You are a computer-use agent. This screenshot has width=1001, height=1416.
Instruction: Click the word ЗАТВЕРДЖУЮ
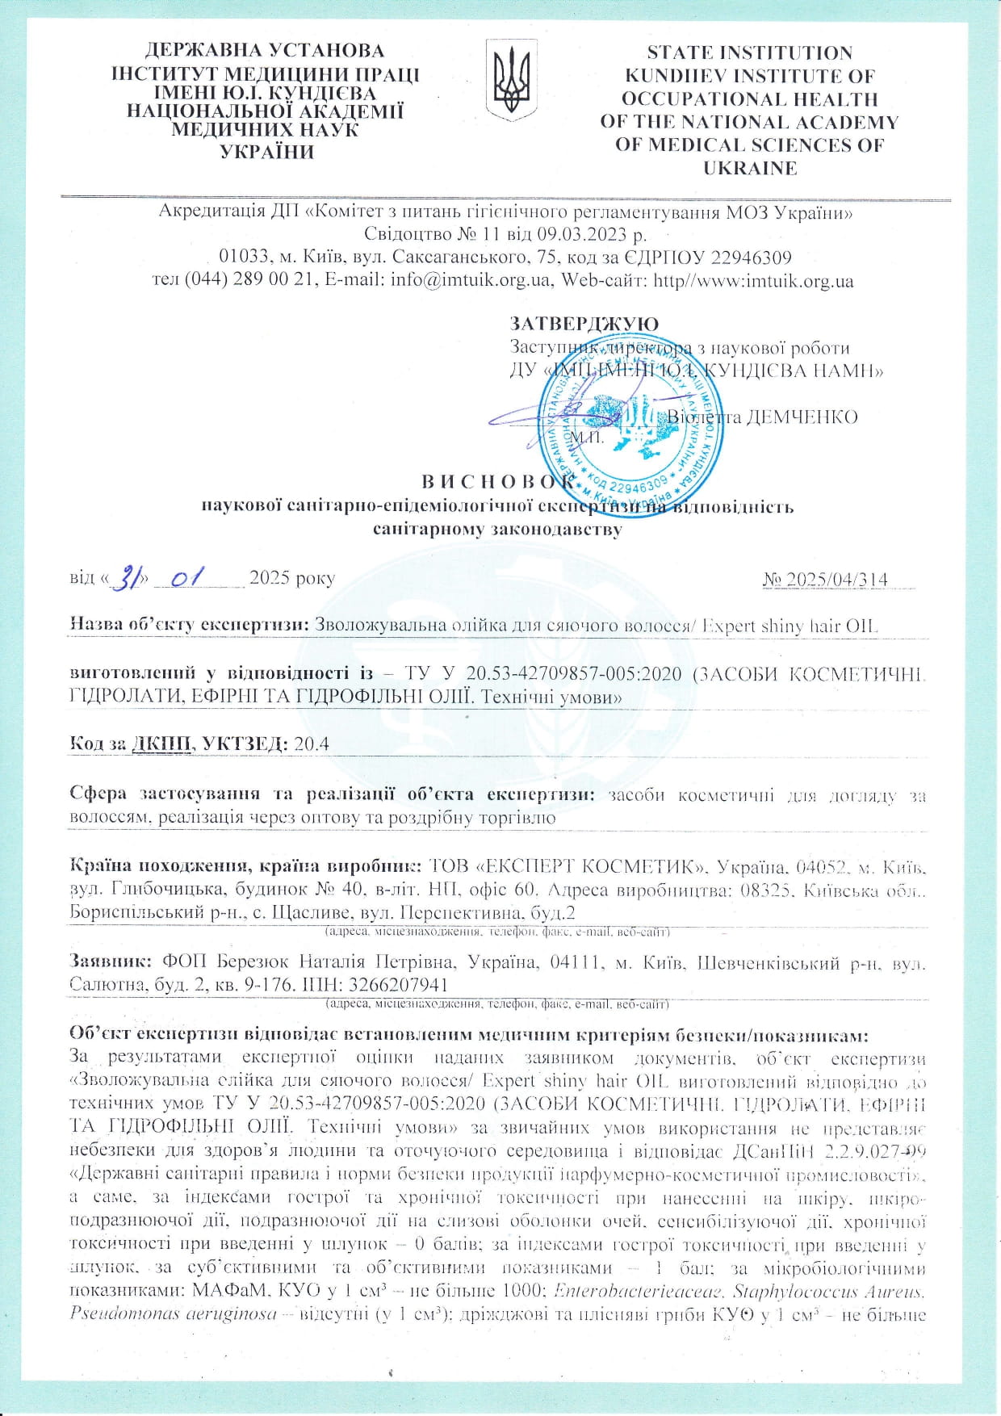tap(584, 324)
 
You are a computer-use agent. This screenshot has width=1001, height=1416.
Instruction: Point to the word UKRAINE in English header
tap(750, 169)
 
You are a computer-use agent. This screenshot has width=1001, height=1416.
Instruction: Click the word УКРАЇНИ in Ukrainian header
tap(265, 152)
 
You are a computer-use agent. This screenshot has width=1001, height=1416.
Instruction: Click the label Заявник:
tap(111, 963)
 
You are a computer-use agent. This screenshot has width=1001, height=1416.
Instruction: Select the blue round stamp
tap(628, 420)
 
